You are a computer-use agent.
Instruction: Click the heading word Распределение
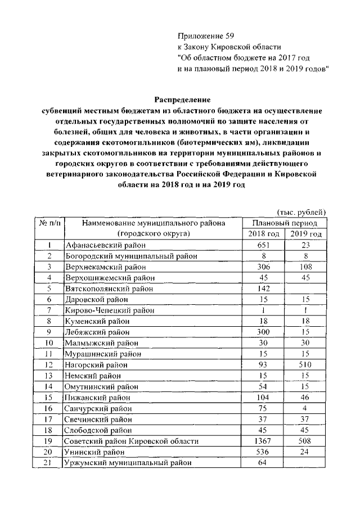(x=178, y=100)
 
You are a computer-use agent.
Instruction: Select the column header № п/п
(x=50, y=223)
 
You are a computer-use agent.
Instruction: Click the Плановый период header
(x=285, y=223)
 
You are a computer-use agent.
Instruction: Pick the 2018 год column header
(x=263, y=233)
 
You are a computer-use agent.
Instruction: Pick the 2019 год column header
(x=306, y=233)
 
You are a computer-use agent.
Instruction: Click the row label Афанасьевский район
(x=105, y=245)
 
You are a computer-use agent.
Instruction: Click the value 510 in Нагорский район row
(x=306, y=364)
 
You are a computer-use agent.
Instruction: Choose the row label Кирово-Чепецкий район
(x=110, y=310)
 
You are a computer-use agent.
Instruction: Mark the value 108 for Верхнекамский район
(x=306, y=267)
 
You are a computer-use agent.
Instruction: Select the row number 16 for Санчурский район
(x=50, y=408)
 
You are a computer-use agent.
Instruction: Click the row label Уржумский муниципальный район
(x=128, y=462)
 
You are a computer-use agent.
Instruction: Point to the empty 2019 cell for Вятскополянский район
(x=306, y=288)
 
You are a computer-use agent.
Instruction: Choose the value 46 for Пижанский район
(x=306, y=397)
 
